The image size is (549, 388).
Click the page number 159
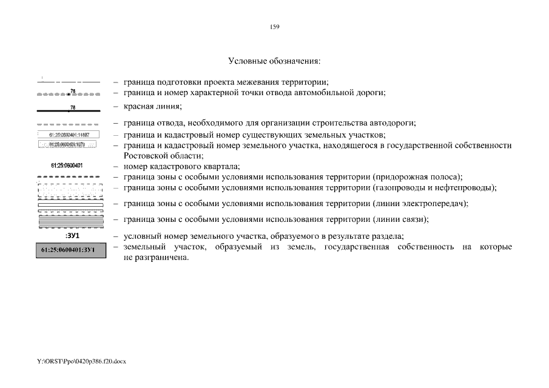click(274, 27)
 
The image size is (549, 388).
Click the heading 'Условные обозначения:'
click(274, 61)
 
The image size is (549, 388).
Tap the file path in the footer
click(81, 361)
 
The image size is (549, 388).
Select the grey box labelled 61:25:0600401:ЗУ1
click(69, 250)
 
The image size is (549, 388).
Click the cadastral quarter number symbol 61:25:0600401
click(67, 166)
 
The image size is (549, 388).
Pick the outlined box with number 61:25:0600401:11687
click(69, 134)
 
